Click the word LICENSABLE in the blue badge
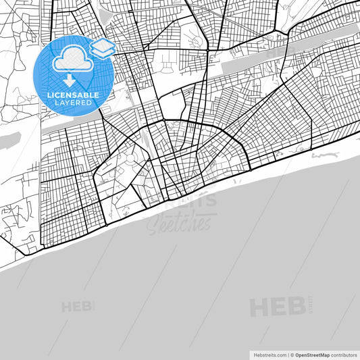coord(74,95)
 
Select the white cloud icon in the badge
coord(72,60)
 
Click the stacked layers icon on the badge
coord(102,48)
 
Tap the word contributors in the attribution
coord(343,354)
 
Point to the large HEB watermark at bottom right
coord(277,307)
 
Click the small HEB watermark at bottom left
coord(75,307)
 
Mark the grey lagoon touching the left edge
coord(8,140)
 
